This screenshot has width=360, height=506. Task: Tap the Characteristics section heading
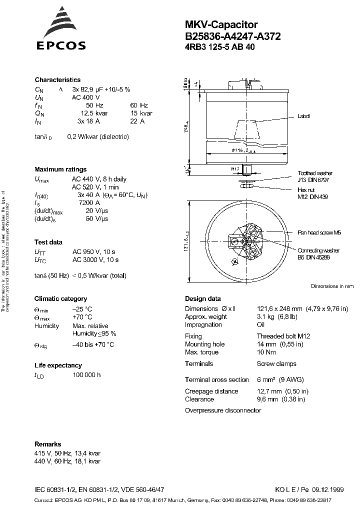[57, 80]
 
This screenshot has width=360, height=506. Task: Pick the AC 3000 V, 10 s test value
[95, 260]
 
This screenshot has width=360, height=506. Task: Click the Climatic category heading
[60, 299]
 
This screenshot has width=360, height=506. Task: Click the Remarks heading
[48, 444]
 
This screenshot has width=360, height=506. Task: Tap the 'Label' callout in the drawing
[303, 116]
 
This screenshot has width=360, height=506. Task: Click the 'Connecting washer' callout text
[318, 250]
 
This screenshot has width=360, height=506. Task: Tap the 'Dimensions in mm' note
[331, 286]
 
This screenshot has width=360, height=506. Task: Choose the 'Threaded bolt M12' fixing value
[283, 336]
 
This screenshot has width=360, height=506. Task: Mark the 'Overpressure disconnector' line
[223, 410]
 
